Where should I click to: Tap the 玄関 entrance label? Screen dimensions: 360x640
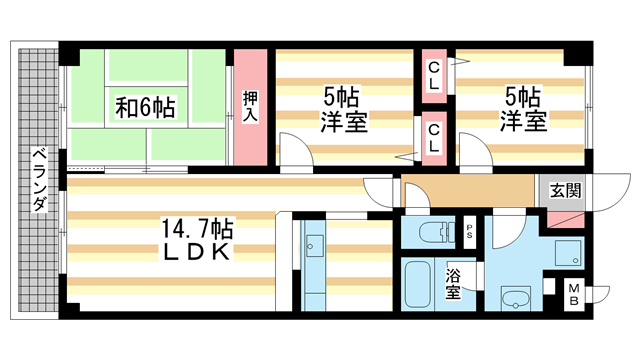point(560,189)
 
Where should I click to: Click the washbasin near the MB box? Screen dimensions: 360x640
point(516,298)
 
